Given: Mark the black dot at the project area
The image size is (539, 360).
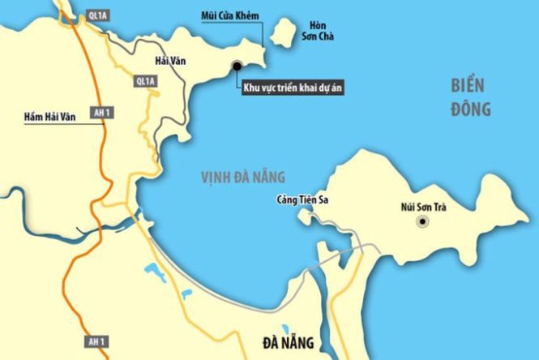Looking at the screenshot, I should coord(237,66).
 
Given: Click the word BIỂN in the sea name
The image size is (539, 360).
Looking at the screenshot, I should coord(469,84).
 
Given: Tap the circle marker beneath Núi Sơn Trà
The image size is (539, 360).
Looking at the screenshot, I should coord(421,221).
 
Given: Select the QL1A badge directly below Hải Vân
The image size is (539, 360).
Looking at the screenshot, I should coord(145,81).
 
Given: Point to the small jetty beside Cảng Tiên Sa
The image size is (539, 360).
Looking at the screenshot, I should coord(306,216).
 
